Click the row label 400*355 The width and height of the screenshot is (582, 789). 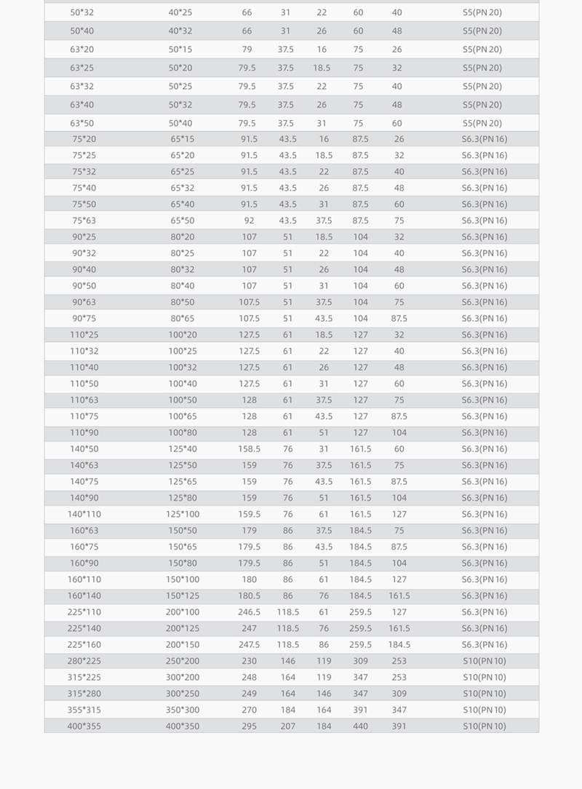pyautogui.click(x=82, y=726)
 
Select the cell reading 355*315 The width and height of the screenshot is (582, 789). pyautogui.click(x=82, y=710)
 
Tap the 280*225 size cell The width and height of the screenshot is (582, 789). pyautogui.click(x=82, y=661)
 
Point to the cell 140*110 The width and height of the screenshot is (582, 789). pyautogui.click(x=84, y=514)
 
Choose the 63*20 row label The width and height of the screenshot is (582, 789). pyautogui.click(x=81, y=49)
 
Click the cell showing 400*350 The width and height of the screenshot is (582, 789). pyautogui.click(x=182, y=726)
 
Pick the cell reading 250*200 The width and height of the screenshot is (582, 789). pyautogui.click(x=182, y=661)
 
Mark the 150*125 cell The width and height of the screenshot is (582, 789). pyautogui.click(x=182, y=595)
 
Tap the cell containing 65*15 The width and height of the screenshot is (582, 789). pyautogui.click(x=183, y=139)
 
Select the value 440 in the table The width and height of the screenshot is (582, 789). pyautogui.click(x=361, y=726)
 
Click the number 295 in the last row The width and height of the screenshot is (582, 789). pyautogui.click(x=250, y=726)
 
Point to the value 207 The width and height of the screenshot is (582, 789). pyautogui.click(x=288, y=726)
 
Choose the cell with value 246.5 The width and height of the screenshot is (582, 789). pyautogui.click(x=249, y=612)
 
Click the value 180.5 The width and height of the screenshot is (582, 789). pyautogui.click(x=249, y=595)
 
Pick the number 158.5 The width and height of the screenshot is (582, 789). pyautogui.click(x=249, y=449)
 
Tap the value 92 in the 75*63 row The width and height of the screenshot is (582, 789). pyautogui.click(x=250, y=221)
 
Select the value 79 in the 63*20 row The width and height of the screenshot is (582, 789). pyautogui.click(x=247, y=49)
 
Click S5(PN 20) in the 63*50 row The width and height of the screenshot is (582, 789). pyautogui.click(x=482, y=123)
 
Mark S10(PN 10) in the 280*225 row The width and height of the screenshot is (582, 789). pyautogui.click(x=484, y=661)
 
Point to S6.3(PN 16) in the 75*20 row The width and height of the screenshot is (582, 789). pyautogui.click(x=484, y=139)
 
